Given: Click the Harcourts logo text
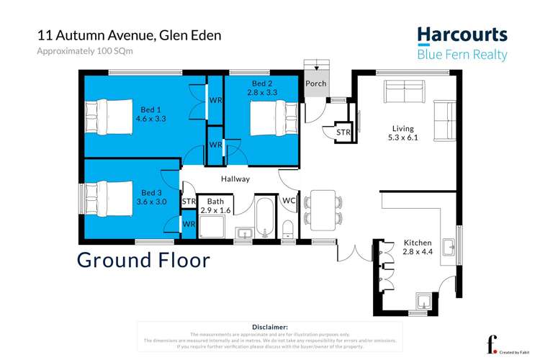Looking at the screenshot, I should point(462,35).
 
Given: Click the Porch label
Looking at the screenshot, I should point(315,84).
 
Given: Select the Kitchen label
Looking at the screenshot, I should point(418,243).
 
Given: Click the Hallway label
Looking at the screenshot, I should point(235,179).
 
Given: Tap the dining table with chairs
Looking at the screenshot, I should point(321,210).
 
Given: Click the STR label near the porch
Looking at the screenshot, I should point(343,132).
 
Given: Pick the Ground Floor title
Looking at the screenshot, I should point(143,259).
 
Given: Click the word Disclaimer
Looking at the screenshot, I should point(270,327).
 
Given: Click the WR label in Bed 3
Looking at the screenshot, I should point(189,225).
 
